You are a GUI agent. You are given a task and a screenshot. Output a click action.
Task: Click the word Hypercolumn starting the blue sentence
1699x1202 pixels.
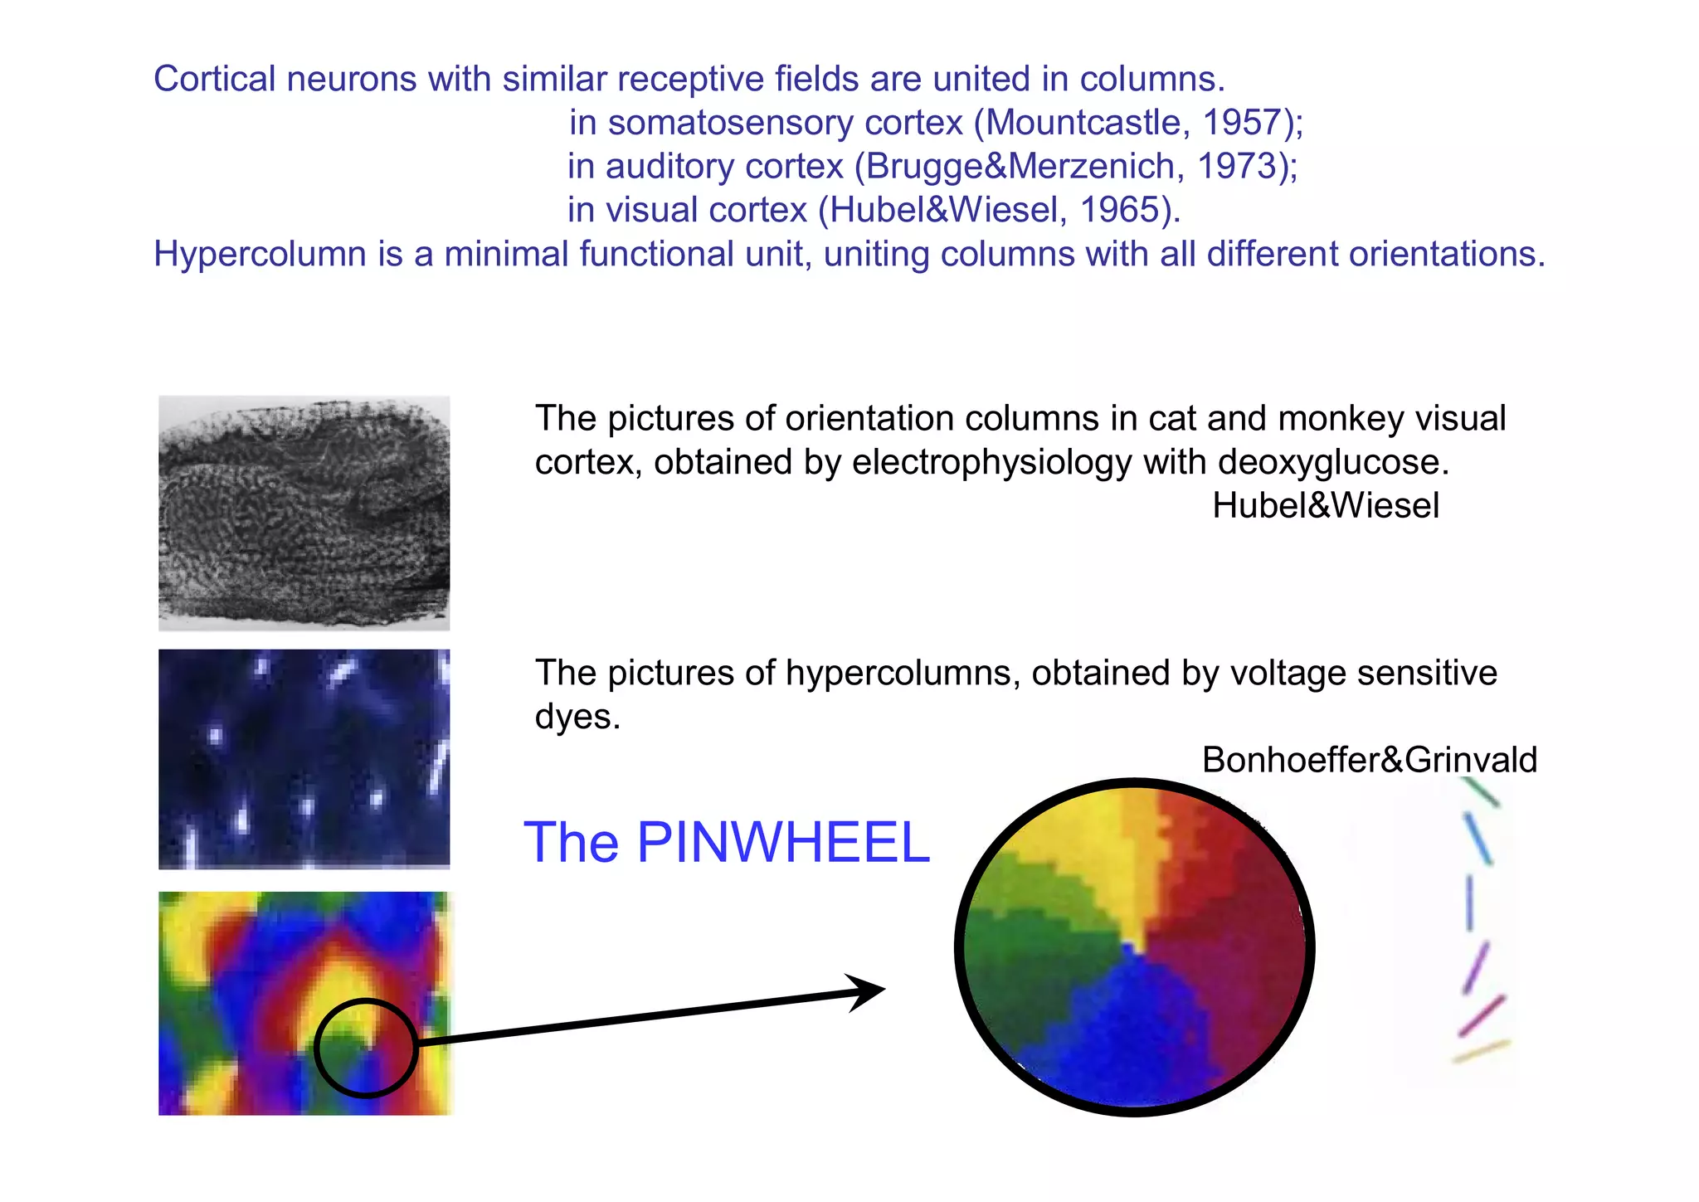click(x=260, y=254)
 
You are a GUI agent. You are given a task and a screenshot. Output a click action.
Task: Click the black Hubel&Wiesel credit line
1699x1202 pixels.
click(x=1325, y=506)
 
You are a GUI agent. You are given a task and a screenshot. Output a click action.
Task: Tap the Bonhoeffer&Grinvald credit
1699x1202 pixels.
click(x=1369, y=760)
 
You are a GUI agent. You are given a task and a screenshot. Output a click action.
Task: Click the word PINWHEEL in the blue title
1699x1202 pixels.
click(x=783, y=843)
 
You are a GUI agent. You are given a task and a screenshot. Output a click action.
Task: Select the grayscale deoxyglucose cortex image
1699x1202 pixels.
click(x=304, y=513)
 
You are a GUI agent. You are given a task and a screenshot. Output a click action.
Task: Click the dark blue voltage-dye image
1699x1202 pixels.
click(x=304, y=759)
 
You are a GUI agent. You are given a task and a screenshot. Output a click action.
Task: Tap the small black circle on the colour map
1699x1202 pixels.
click(x=366, y=1048)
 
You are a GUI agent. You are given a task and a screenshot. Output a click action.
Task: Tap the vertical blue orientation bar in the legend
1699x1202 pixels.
click(x=1469, y=903)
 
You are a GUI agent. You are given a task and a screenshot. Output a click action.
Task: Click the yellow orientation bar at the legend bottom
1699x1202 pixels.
click(x=1482, y=1051)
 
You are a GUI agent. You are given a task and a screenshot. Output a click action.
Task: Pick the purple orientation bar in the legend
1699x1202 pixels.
click(x=1476, y=966)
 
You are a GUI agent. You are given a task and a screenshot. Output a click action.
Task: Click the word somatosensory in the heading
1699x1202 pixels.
click(x=731, y=123)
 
